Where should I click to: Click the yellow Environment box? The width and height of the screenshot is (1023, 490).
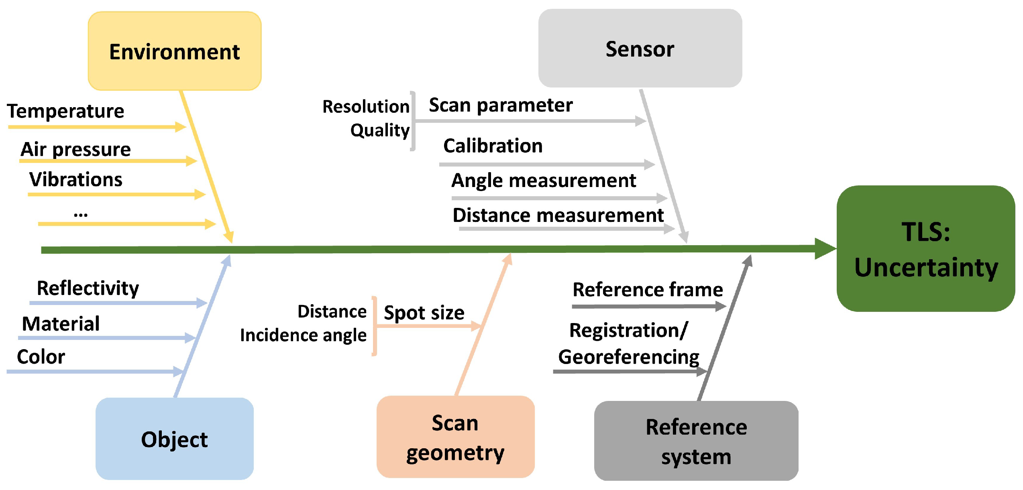click(175, 51)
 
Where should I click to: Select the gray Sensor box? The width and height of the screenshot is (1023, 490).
click(640, 49)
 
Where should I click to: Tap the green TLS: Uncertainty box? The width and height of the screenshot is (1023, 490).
click(925, 248)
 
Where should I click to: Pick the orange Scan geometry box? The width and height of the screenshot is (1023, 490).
click(455, 437)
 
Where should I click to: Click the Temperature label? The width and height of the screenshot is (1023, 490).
click(66, 111)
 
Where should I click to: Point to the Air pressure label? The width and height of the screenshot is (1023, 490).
click(75, 149)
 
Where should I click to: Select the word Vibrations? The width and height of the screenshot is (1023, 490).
click(75, 179)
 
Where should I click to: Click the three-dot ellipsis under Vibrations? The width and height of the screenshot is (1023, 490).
click(81, 214)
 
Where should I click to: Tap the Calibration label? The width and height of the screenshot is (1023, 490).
click(493, 146)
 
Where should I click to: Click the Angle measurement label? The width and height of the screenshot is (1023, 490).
click(543, 181)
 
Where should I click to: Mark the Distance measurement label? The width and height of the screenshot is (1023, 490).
click(558, 216)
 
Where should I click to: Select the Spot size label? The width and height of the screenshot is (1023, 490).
click(424, 313)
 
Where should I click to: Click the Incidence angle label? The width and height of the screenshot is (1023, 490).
click(303, 335)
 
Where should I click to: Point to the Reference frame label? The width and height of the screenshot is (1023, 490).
click(647, 289)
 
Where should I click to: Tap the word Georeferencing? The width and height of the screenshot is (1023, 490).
click(628, 357)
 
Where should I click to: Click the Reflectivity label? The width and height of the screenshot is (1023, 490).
click(88, 288)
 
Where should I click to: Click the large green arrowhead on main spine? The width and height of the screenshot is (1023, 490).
click(825, 249)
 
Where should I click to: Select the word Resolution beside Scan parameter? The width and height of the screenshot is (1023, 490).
click(366, 107)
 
